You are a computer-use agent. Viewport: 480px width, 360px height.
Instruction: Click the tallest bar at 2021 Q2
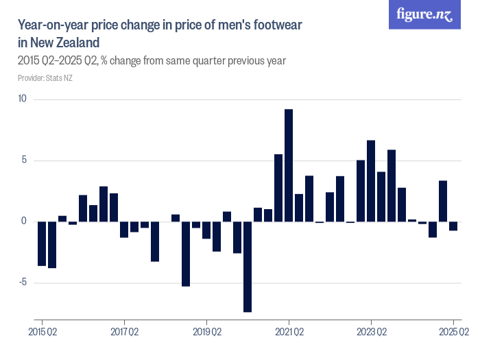289,165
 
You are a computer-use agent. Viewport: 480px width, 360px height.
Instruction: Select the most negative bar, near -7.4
248,267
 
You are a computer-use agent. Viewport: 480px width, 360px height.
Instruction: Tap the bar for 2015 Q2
42,243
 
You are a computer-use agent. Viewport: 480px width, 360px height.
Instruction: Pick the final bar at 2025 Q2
453,226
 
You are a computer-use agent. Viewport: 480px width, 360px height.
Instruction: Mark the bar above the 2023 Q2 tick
371,181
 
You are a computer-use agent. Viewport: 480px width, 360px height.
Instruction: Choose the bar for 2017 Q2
124,229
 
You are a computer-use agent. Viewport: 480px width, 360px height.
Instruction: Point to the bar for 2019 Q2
206,230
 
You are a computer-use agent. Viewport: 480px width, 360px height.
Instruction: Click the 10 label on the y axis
22,99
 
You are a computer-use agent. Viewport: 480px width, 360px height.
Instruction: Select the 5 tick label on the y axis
23,160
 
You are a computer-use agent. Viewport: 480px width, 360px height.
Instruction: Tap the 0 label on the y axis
23,221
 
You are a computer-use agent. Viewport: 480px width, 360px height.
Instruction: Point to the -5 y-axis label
22,283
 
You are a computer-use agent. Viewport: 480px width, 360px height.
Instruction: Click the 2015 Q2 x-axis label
42,332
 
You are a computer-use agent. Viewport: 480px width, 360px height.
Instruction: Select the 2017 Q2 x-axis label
124,332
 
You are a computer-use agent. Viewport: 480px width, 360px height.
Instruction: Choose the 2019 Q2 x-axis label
206,332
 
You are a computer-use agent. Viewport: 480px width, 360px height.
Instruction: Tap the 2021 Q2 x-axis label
289,332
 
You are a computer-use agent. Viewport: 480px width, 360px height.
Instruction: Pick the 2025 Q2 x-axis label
453,332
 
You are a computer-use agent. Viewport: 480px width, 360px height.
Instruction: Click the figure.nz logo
424,14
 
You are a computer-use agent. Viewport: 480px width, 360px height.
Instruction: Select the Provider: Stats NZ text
45,77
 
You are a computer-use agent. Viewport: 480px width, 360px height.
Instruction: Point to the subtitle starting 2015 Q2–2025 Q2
152,60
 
